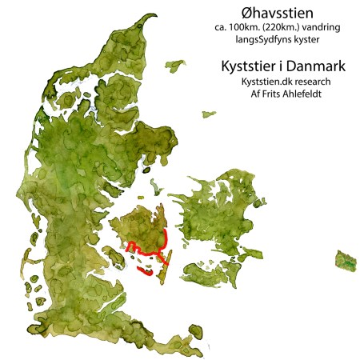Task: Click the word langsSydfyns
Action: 253,42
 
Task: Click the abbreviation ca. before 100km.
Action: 222,29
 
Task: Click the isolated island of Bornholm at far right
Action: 346,259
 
